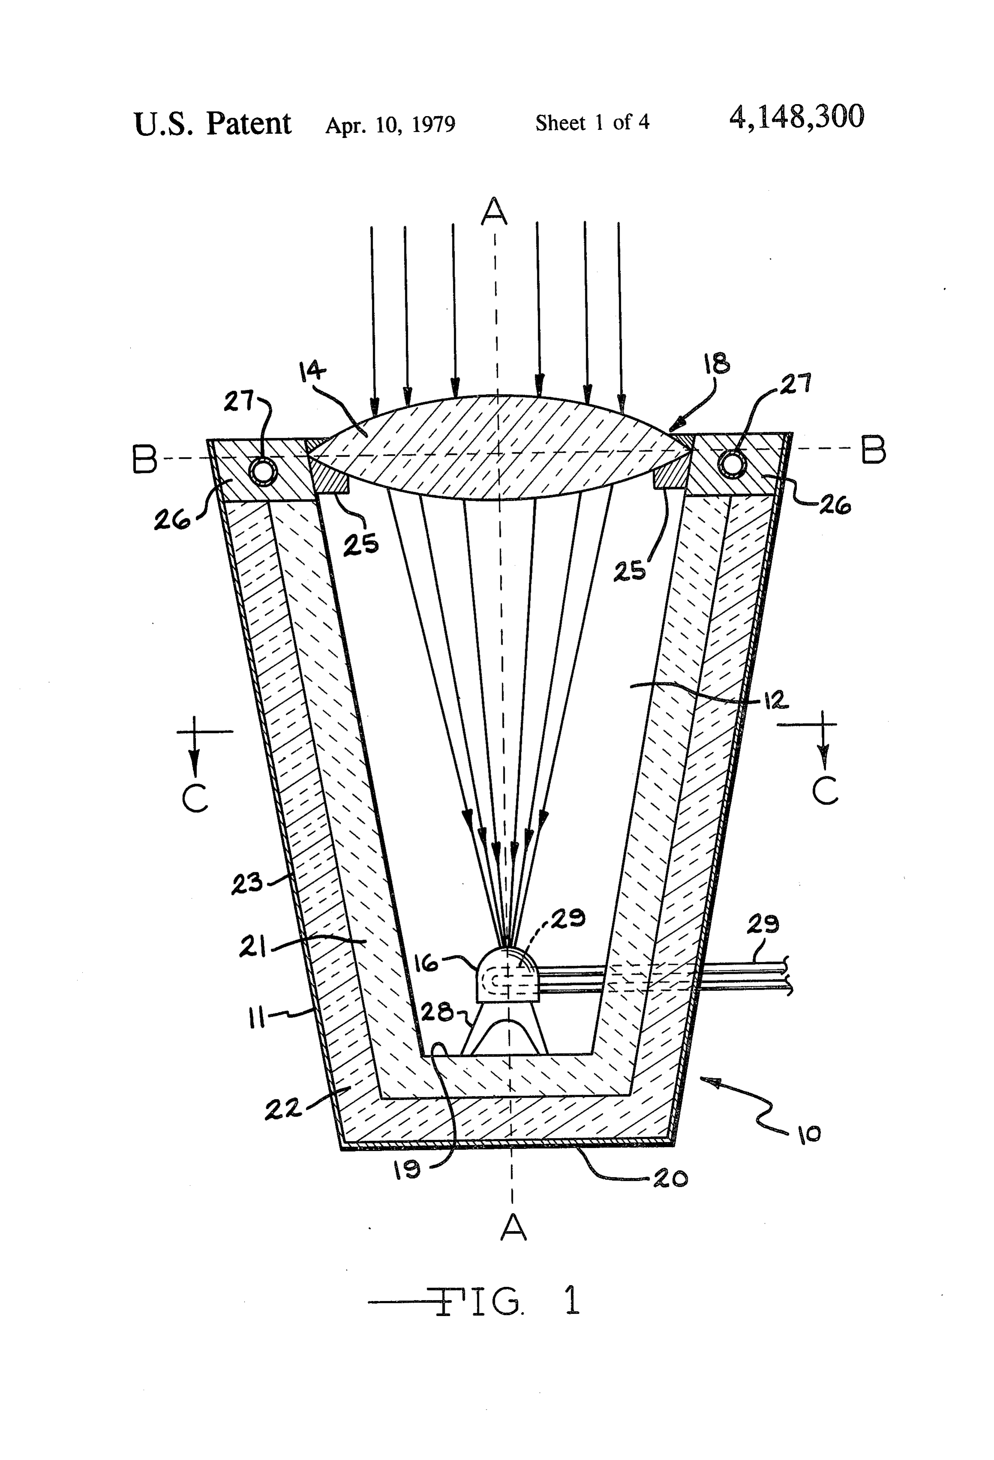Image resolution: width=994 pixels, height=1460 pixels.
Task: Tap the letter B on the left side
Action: (x=144, y=460)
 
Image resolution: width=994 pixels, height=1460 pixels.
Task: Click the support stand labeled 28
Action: (x=506, y=1027)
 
